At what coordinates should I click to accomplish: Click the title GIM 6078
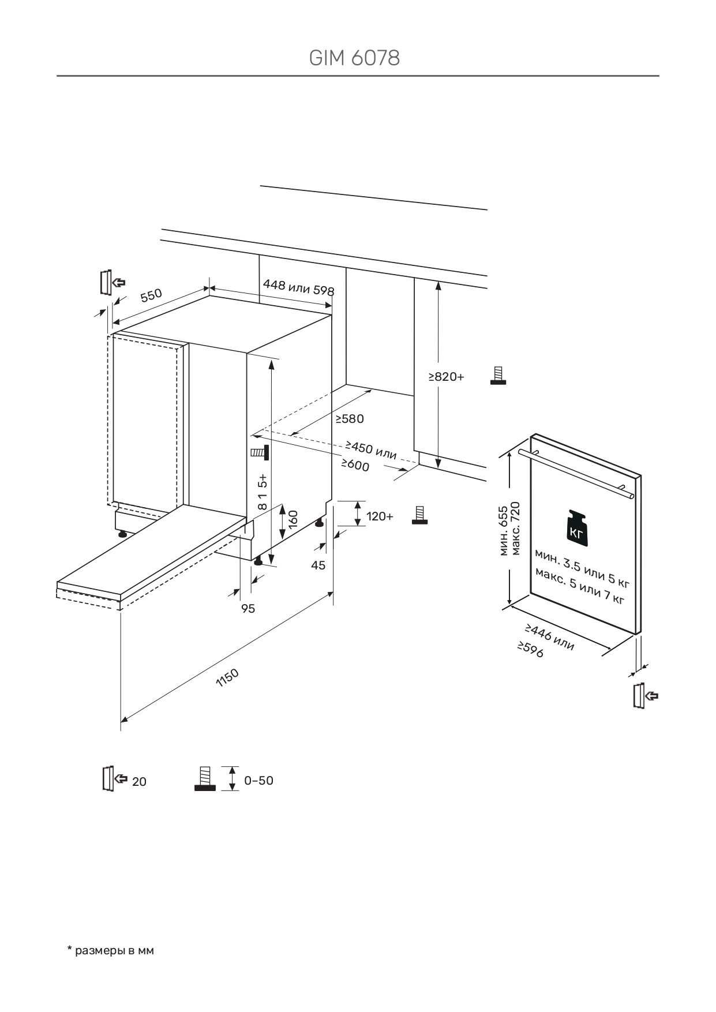click(354, 58)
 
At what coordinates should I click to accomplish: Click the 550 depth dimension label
click(151, 295)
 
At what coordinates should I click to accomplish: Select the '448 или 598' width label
click(298, 287)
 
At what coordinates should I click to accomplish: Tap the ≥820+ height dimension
click(446, 377)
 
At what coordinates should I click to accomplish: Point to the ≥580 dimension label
click(350, 419)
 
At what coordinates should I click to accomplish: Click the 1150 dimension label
click(227, 677)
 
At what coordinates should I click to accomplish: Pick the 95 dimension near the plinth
click(248, 609)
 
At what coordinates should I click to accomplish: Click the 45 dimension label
click(318, 565)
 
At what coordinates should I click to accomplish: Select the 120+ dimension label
click(380, 516)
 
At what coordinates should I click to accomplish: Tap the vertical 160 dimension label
click(293, 519)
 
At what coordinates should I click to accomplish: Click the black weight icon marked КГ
click(578, 528)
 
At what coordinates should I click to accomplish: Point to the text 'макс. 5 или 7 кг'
click(579, 586)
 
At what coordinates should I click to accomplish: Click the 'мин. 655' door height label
click(503, 531)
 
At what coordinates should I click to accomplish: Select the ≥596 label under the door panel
click(530, 650)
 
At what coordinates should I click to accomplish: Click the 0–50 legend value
click(258, 781)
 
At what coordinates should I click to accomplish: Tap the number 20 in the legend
click(139, 782)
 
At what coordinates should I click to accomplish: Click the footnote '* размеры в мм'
click(111, 950)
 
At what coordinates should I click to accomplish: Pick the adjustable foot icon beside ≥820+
click(498, 376)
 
